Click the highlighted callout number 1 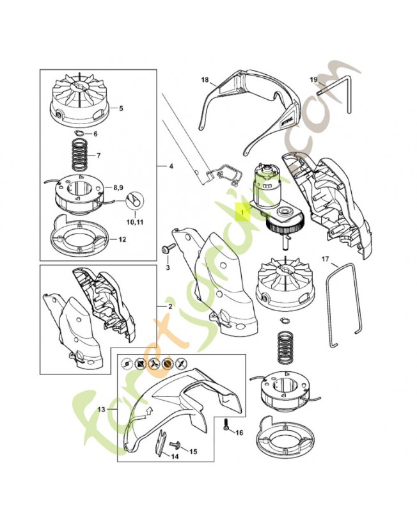tap(243, 209)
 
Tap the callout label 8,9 tap(120, 188)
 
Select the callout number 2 tap(169, 307)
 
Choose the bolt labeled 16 tap(228, 424)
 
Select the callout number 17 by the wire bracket tap(325, 259)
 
